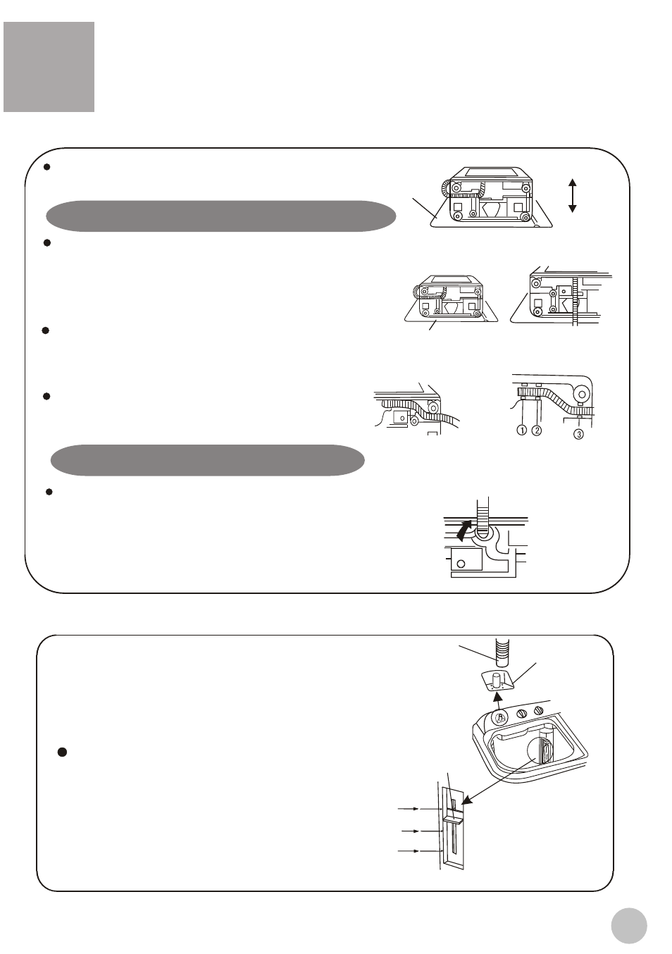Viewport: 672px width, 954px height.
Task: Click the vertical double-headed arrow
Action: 573,196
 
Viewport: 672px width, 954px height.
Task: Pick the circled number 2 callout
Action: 537,430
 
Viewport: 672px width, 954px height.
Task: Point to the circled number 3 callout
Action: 578,434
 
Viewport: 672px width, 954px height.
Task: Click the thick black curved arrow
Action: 464,529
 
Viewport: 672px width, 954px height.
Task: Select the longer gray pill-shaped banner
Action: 221,216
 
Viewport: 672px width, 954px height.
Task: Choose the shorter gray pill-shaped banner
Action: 207,460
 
